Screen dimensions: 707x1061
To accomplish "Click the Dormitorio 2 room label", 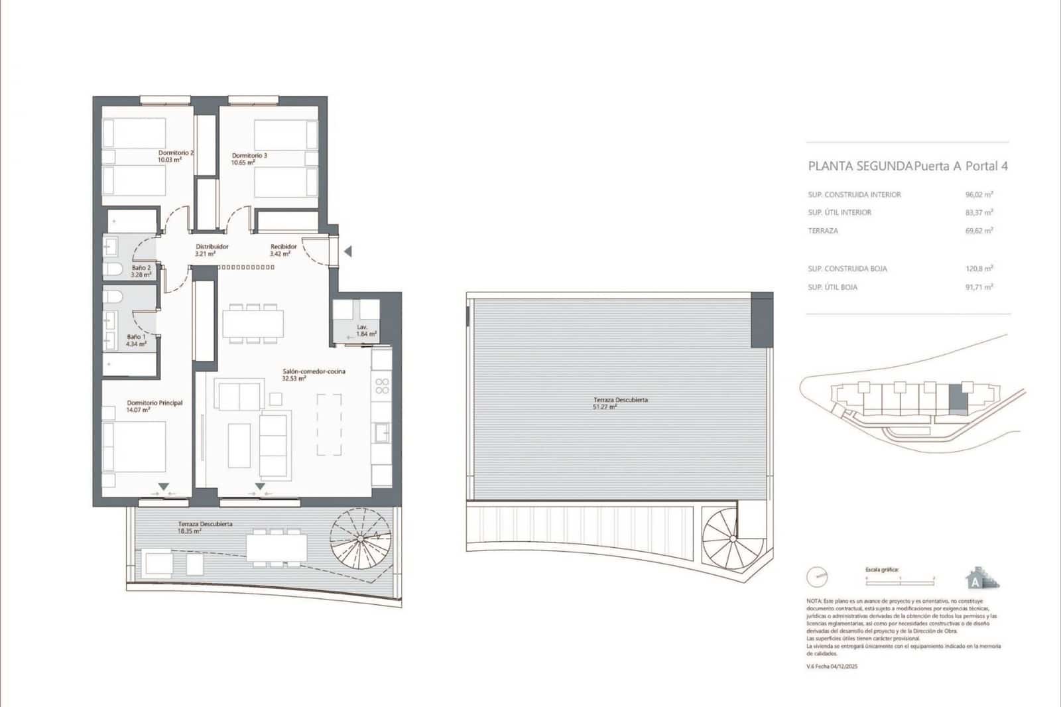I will [176, 153].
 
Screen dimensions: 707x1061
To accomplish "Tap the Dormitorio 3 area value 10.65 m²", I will [243, 162].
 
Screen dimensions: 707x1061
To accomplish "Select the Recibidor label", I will [283, 247].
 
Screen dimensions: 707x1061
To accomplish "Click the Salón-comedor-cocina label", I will [314, 371].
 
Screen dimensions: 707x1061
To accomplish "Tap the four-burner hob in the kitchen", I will [382, 385].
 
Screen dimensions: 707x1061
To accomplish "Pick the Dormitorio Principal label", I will [155, 403].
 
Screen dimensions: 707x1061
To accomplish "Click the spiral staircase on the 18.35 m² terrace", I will [360, 538].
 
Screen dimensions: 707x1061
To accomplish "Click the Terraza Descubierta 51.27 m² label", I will [620, 400].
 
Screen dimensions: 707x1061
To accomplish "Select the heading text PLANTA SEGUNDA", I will [860, 166].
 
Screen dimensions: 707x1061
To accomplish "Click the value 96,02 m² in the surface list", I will [979, 195].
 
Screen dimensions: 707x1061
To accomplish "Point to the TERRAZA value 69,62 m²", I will [979, 231].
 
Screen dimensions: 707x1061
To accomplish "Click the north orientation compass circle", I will [818, 577].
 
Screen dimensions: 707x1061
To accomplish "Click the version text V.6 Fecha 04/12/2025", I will [832, 667].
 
